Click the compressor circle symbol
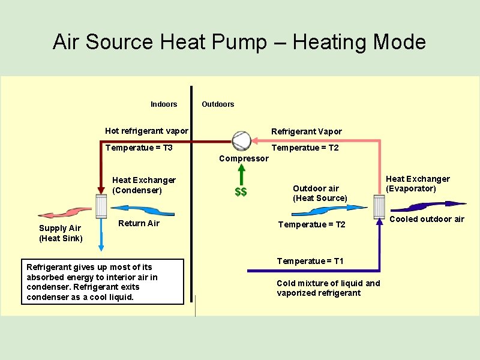click(x=241, y=140)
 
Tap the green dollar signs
click(x=241, y=192)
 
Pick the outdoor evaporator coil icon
click(x=379, y=207)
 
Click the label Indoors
click(x=164, y=104)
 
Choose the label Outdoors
click(x=218, y=104)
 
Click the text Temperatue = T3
click(x=139, y=148)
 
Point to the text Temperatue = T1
click(x=310, y=261)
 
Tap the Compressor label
click(x=244, y=158)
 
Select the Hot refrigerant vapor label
click(x=146, y=131)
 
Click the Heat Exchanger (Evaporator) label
click(x=418, y=184)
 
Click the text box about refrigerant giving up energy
click(x=103, y=282)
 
